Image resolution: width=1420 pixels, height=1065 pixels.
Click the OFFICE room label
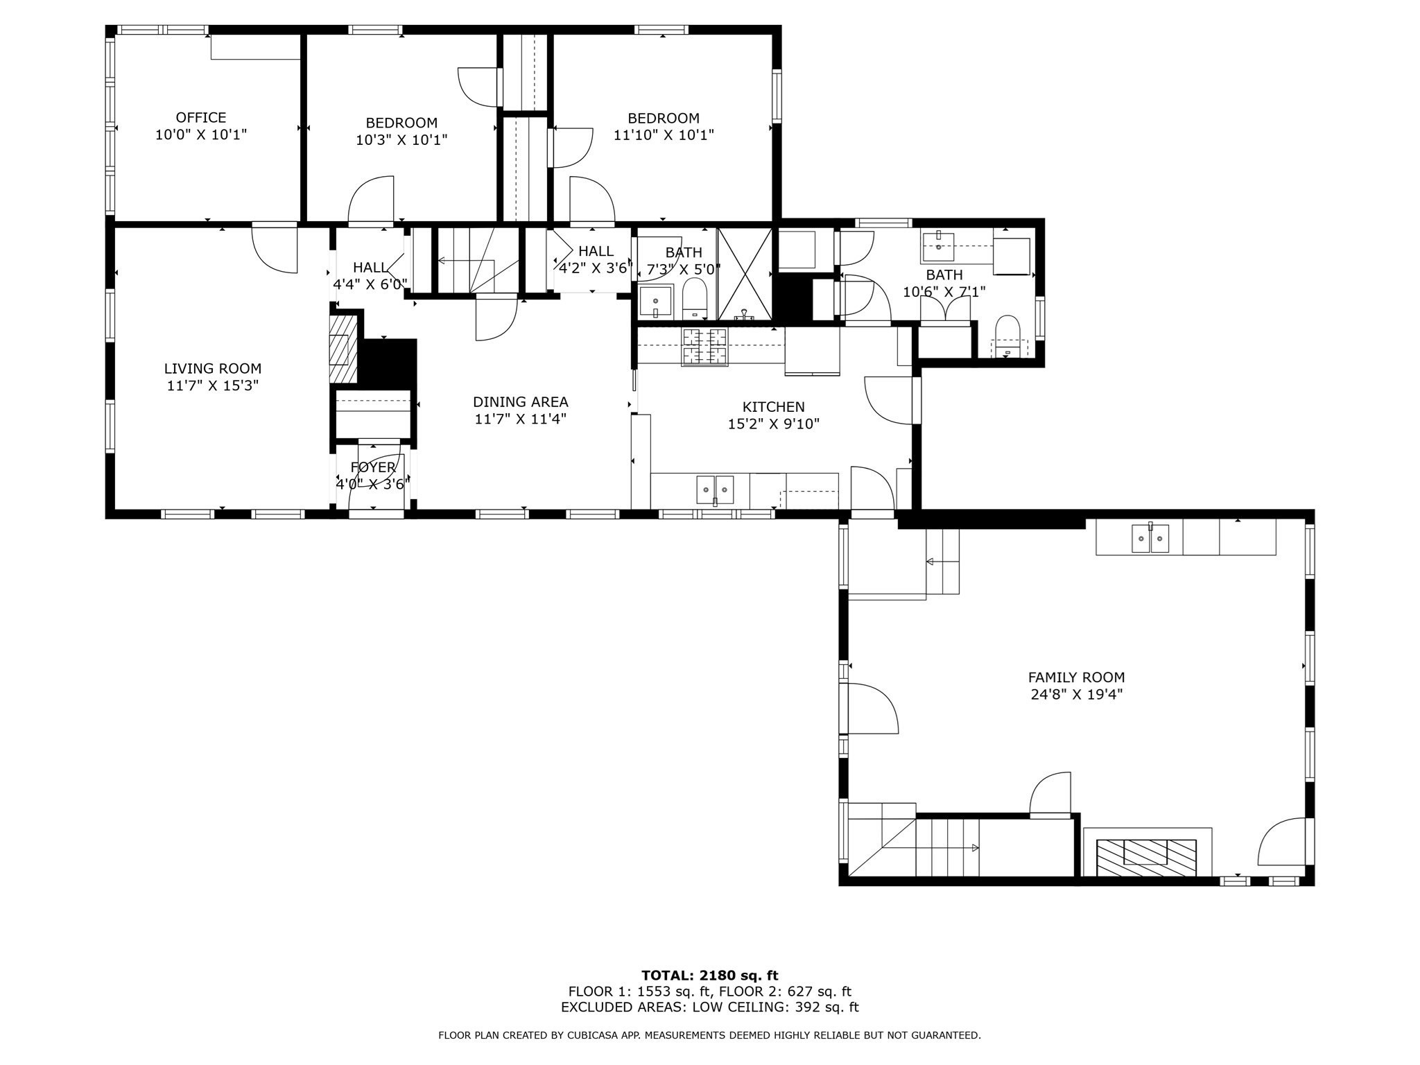(200, 118)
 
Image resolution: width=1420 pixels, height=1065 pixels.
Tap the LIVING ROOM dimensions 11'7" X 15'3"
(212, 386)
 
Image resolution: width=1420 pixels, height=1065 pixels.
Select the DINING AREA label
(520, 402)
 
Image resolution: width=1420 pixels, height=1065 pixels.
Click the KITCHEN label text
(773, 407)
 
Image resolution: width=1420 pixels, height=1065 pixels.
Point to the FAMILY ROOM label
(1076, 677)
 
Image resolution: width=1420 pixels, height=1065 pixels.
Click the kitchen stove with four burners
(705, 346)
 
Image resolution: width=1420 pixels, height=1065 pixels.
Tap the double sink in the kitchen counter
(715, 490)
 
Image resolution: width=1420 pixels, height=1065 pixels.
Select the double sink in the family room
(1150, 538)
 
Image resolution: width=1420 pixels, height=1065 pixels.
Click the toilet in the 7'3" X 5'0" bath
(694, 300)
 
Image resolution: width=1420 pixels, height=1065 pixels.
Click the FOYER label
(373, 467)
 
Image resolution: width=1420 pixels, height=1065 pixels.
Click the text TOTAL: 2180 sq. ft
(709, 976)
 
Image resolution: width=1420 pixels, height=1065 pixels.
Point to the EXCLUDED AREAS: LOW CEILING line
(709, 1007)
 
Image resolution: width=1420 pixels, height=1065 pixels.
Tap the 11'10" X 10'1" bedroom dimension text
(664, 135)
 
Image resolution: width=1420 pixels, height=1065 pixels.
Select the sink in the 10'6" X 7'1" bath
(938, 245)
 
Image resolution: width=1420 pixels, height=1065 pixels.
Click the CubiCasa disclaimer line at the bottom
(709, 1035)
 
